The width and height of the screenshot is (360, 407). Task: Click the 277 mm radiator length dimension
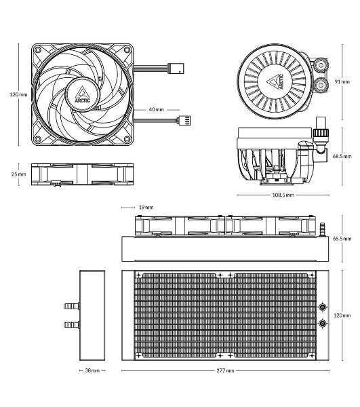225,370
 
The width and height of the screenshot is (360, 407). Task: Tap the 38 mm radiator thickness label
92,370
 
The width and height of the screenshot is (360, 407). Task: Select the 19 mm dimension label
146,207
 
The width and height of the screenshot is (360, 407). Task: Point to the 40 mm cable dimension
157,109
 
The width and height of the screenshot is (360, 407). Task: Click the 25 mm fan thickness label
19,174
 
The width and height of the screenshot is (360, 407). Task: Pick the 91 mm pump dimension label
342,81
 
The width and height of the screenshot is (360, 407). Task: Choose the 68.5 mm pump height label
342,156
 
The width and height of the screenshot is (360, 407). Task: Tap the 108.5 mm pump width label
283,195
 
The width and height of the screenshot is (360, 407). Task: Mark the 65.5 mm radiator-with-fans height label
342,238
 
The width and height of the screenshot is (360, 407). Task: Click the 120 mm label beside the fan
18,94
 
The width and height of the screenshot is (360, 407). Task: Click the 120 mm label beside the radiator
342,315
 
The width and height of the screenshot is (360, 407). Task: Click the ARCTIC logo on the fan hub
82,95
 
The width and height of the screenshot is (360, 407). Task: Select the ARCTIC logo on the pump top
275,82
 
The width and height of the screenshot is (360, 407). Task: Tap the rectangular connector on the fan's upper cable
176,68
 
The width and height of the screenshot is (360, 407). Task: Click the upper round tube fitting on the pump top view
321,65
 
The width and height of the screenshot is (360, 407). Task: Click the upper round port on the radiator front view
323,307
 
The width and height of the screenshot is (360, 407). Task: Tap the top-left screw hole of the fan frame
38,50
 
